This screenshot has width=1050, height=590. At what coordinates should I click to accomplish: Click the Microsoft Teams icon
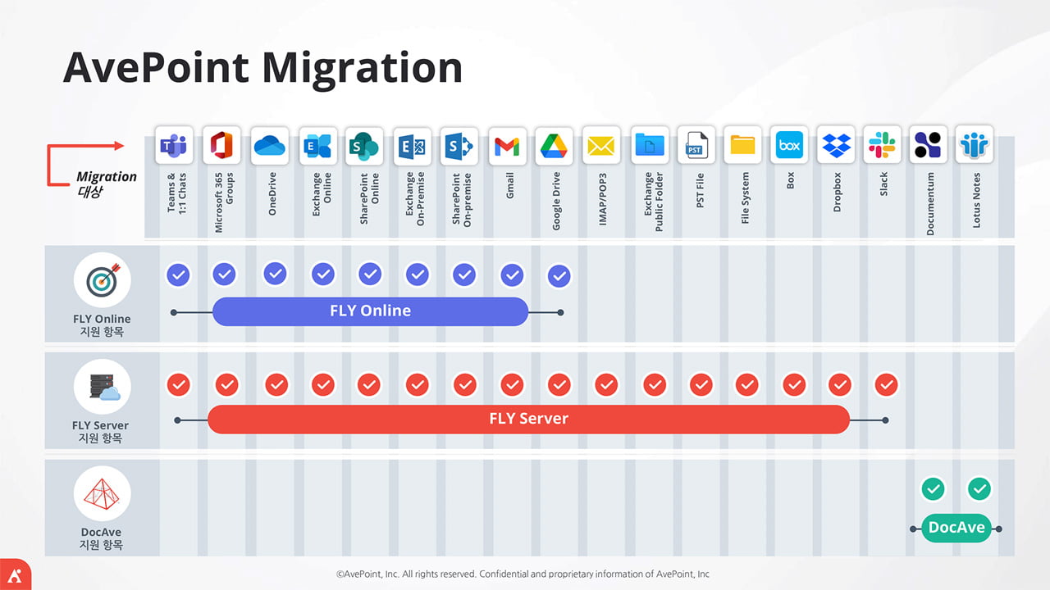[174, 146]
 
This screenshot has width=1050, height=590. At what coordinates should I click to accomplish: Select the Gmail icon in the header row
[507, 146]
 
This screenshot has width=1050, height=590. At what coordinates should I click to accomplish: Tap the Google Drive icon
[554, 146]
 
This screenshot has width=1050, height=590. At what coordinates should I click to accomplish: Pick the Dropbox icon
[836, 146]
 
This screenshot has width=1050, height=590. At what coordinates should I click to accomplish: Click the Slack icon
[883, 146]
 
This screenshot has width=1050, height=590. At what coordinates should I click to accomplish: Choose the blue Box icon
[789, 146]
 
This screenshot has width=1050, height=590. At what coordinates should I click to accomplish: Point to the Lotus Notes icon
[975, 146]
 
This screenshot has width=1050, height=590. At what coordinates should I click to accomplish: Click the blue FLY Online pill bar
[370, 311]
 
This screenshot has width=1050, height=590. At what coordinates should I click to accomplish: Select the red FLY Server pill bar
[528, 419]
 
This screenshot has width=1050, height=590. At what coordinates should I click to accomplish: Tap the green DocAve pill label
[956, 528]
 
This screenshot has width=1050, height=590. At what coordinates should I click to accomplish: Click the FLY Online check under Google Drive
[559, 276]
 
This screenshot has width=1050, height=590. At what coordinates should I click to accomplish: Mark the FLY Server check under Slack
[886, 383]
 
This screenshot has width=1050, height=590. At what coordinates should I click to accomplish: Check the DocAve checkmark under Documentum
[933, 489]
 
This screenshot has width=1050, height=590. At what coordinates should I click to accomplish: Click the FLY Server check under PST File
[701, 383]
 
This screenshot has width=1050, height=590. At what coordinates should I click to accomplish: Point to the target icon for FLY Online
[103, 280]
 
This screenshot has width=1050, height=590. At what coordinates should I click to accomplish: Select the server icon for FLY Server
[102, 388]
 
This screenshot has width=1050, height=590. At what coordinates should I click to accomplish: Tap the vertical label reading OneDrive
[272, 193]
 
